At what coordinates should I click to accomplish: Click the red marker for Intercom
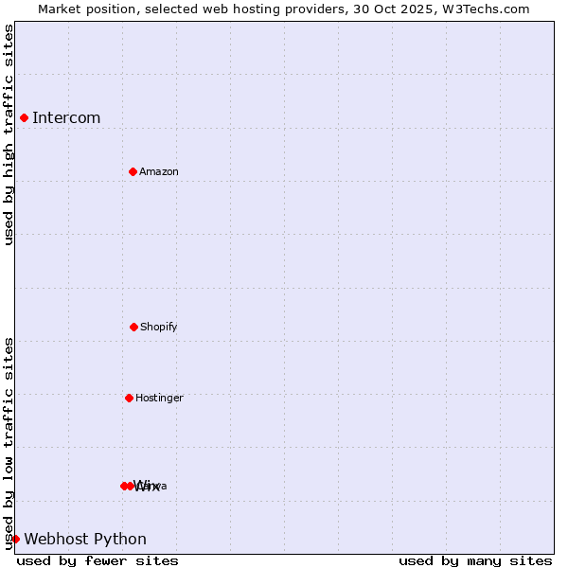(24, 117)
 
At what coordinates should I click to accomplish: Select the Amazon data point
(133, 171)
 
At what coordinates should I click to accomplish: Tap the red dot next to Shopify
(133, 327)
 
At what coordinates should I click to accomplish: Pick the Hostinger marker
(129, 398)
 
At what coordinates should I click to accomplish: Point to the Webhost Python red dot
(15, 539)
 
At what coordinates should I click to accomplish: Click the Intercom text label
(66, 118)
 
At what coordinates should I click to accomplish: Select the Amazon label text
(159, 172)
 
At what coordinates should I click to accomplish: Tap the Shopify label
(159, 328)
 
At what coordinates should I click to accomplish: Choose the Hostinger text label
(159, 399)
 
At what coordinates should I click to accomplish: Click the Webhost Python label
(85, 540)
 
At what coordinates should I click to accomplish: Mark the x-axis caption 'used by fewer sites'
(98, 560)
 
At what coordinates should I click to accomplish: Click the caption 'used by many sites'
(475, 560)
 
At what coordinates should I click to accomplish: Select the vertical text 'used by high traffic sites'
(9, 134)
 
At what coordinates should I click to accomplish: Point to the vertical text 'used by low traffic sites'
(9, 443)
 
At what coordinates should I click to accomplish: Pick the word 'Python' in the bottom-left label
(120, 540)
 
